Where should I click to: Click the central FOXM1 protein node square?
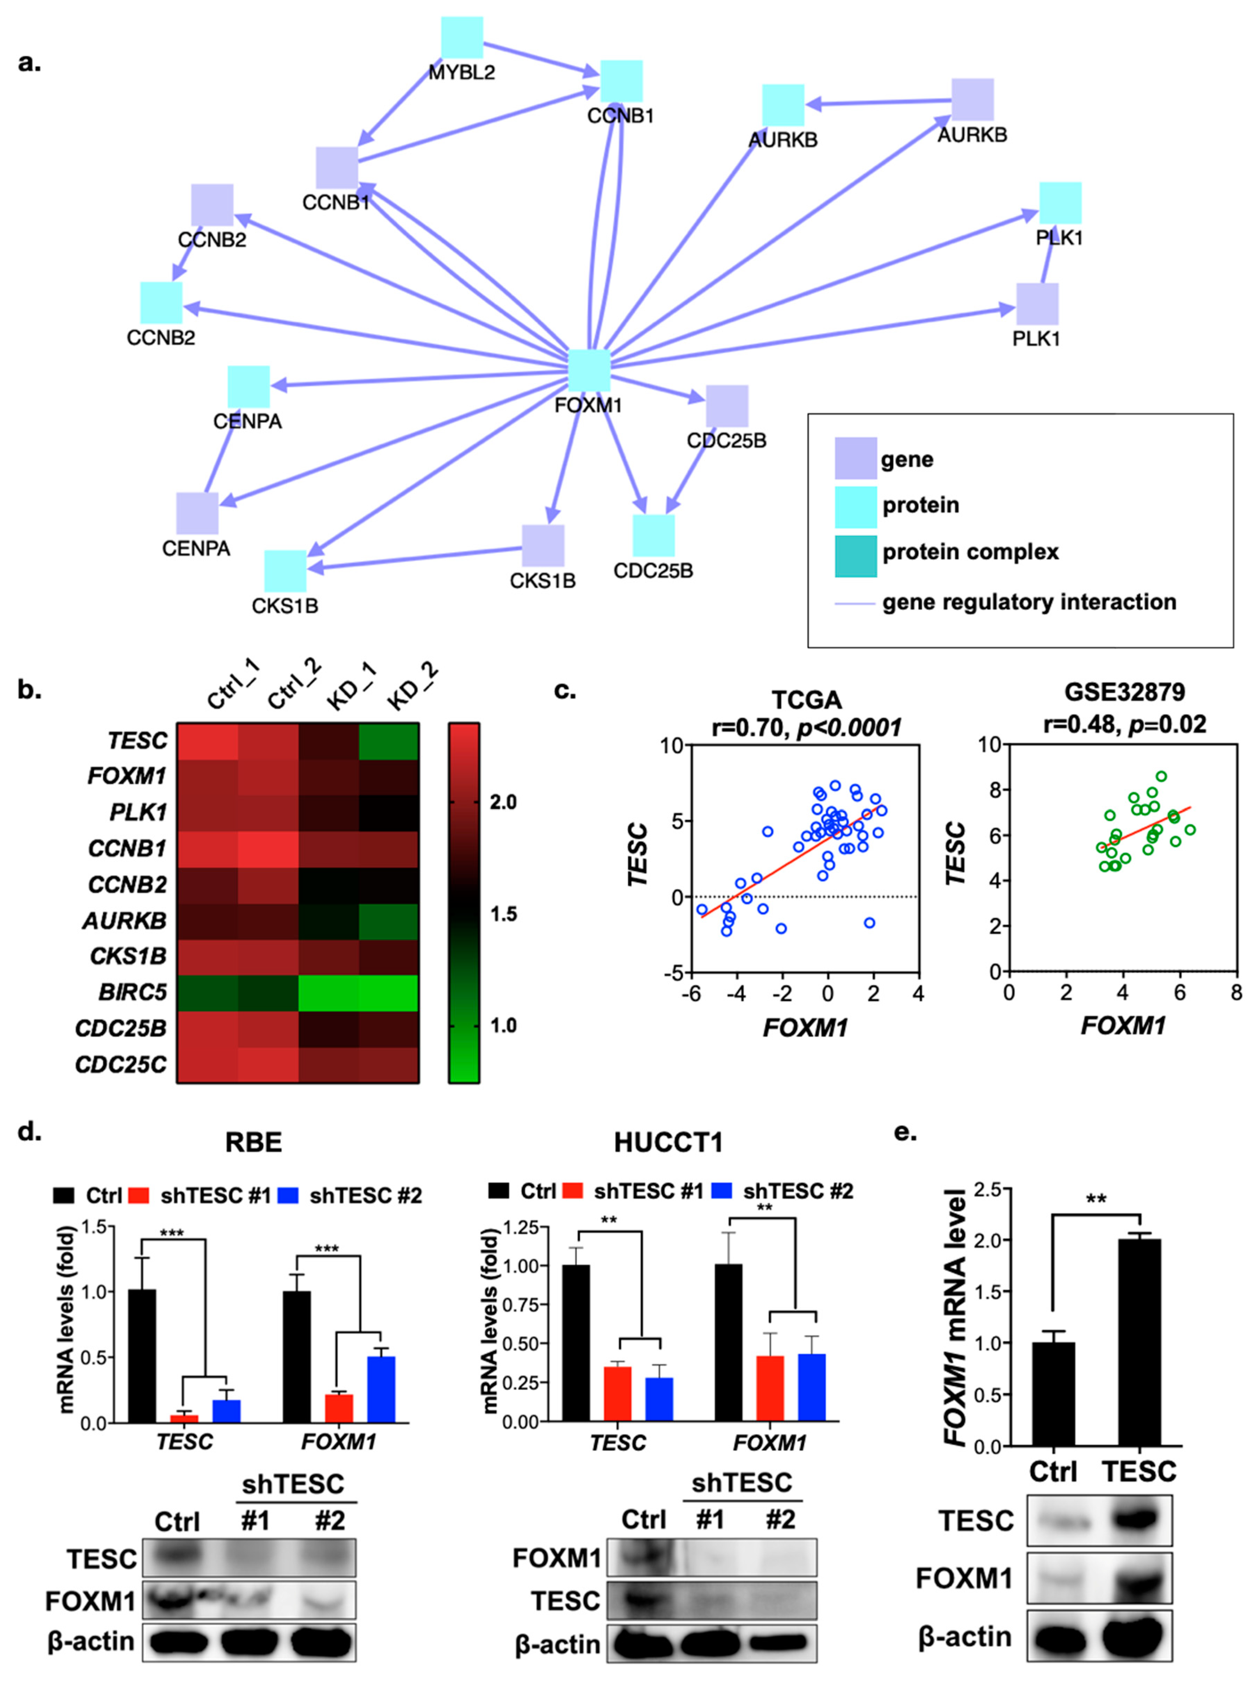tap(589, 371)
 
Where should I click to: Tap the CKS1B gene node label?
tap(542, 581)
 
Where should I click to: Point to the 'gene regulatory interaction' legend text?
tap(1029, 602)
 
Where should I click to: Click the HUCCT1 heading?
tap(668, 1142)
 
